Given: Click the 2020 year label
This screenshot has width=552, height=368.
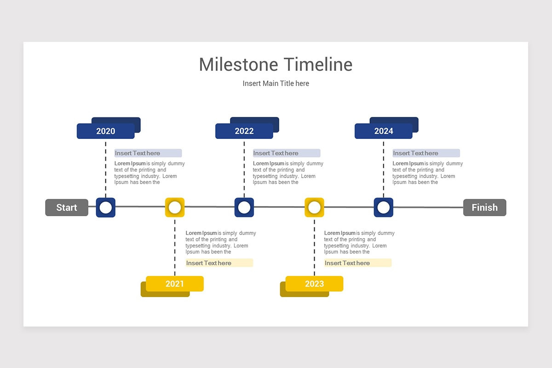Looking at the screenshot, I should click(x=106, y=131).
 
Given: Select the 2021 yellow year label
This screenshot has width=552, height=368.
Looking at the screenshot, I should click(x=175, y=284).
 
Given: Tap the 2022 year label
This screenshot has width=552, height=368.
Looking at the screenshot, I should click(x=244, y=131).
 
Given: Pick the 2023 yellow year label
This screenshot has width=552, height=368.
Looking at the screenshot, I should click(x=314, y=284).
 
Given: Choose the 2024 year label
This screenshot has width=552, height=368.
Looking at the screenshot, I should click(x=384, y=131).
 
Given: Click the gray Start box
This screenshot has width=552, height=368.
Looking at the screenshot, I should click(x=67, y=207).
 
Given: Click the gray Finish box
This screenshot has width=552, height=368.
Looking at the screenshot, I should click(x=484, y=207).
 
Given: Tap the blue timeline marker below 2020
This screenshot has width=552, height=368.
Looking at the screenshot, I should click(x=106, y=207).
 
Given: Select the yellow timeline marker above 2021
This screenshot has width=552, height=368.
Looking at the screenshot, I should click(x=175, y=207).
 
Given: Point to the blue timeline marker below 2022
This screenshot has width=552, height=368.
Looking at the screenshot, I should click(x=244, y=207).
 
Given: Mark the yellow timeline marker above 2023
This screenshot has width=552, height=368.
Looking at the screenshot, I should click(x=314, y=207).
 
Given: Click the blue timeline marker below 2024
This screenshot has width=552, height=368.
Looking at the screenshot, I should click(x=384, y=207).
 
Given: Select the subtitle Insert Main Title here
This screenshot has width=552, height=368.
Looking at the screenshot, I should click(x=276, y=83).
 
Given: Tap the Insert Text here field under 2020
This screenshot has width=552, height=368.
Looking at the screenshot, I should click(x=148, y=153).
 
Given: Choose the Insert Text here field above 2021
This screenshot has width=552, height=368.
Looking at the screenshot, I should click(x=219, y=263).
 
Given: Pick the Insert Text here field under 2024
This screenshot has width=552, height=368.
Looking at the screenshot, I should click(x=425, y=153).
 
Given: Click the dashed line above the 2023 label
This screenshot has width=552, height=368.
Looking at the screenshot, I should click(x=314, y=248).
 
